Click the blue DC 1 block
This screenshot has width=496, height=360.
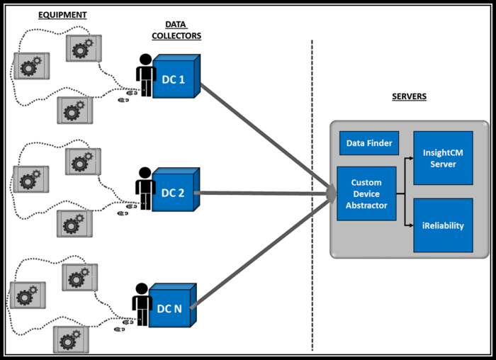[x=174, y=79]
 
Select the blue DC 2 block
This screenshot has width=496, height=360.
[x=173, y=193]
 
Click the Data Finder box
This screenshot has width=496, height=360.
[x=368, y=144]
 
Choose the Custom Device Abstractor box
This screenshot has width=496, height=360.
[x=366, y=193]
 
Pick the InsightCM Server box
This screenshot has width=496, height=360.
[x=443, y=158]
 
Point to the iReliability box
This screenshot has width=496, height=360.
[x=443, y=225]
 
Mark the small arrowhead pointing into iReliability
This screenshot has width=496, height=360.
[x=410, y=225]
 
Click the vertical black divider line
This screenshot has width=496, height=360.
[x=312, y=106]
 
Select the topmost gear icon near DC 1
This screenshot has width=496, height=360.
[x=83, y=47]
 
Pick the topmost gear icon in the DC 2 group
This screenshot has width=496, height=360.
[x=83, y=161]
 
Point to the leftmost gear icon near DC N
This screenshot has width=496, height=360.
[x=27, y=296]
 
